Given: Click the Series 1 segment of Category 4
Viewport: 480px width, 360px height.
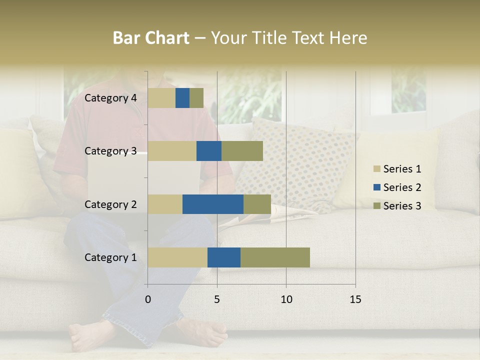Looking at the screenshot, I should tap(161, 98).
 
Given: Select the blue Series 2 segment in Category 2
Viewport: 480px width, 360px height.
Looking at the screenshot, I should tap(212, 204).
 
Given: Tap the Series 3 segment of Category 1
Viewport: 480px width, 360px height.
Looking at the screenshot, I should tap(275, 257).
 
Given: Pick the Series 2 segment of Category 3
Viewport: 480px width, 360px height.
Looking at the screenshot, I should tap(208, 151).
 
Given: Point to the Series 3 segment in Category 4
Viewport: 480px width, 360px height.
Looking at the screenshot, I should tap(196, 98).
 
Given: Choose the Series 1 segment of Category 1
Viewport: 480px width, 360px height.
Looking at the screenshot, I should tap(177, 257).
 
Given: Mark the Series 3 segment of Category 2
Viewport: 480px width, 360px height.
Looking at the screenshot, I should tap(257, 204).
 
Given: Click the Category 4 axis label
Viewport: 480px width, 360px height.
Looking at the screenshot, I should tap(110, 98).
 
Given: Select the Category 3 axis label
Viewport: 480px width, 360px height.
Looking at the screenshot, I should tap(110, 151).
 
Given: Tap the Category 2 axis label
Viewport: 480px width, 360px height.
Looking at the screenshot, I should tap(110, 204).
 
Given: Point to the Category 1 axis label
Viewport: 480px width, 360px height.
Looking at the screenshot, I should tap(110, 257).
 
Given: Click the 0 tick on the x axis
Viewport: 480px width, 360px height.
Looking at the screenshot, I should tap(148, 299).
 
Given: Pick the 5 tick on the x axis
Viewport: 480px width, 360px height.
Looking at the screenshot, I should tap(217, 299).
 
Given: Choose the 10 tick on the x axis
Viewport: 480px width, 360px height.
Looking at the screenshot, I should tap(286, 299).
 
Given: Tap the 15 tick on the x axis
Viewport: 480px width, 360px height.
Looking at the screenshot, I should tap(355, 299).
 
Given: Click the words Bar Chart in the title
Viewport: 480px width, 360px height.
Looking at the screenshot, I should tap(151, 38).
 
